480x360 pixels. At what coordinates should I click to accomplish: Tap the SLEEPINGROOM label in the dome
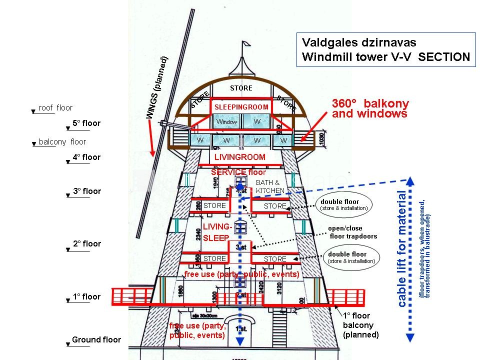tap(241, 107)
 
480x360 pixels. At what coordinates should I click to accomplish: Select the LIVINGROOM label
tap(239, 157)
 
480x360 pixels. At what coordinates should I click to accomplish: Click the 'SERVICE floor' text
tap(238, 172)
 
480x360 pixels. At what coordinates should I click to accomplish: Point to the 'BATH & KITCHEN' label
tap(270, 186)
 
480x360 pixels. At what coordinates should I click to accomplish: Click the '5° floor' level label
tap(86, 123)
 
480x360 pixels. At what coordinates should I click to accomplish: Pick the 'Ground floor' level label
tap(96, 339)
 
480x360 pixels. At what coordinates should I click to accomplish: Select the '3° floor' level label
tap(86, 191)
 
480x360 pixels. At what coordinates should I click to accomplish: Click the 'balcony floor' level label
tap(62, 142)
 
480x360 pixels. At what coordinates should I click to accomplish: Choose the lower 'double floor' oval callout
tap(351, 257)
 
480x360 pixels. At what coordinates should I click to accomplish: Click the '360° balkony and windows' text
tap(370, 108)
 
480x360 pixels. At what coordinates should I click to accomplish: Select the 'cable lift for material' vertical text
tap(402, 248)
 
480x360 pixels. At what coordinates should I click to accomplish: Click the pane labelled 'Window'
tap(226, 121)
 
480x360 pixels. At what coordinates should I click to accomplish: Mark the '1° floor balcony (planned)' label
tap(360, 325)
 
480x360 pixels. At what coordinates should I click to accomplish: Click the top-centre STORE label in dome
tap(241, 88)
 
